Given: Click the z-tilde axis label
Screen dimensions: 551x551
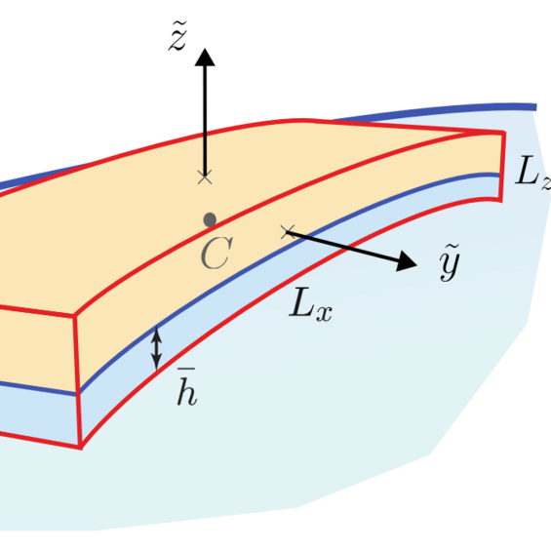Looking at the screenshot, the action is (177, 36).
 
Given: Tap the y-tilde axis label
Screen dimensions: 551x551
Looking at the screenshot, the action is (450, 262).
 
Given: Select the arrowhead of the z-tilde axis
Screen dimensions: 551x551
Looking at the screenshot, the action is (205, 58).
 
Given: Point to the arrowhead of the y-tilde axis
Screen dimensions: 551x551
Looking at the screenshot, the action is (407, 261).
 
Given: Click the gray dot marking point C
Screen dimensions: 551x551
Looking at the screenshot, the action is (210, 220).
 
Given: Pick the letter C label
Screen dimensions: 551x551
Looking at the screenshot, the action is (216, 253).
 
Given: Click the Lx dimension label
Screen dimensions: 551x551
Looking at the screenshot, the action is (311, 303).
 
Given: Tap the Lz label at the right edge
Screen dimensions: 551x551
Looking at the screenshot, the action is (532, 172).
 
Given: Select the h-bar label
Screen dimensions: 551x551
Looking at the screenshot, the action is (186, 386).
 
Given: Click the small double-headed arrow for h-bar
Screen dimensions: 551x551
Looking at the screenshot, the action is (156, 348).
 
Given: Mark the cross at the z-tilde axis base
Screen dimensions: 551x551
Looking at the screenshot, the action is (205, 177).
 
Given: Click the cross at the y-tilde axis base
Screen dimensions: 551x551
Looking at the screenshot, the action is (288, 232).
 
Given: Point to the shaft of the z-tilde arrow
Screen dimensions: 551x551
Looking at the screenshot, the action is (205, 121).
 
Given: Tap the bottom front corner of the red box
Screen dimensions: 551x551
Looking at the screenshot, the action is (81, 447).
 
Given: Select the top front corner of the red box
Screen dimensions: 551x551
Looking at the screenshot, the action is (74, 316).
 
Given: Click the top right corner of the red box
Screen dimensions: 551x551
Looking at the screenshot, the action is (504, 133).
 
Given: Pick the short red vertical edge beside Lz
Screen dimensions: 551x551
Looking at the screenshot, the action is (503, 167).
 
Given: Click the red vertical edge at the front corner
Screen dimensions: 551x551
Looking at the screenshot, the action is (78, 381).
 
